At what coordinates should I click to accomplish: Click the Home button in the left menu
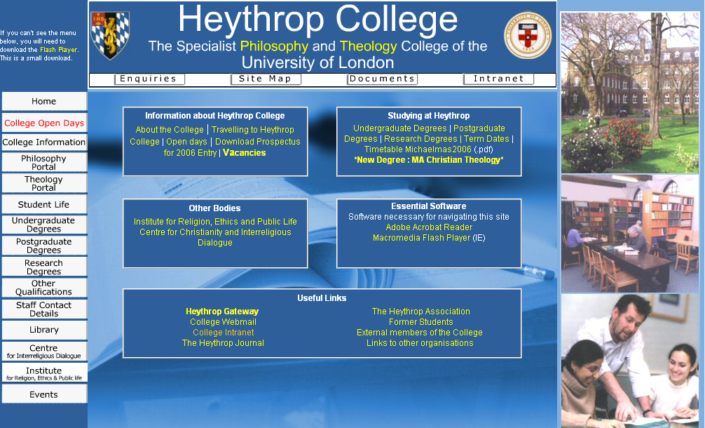43,102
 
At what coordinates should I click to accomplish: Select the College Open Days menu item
43,123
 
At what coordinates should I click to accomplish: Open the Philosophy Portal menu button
43,163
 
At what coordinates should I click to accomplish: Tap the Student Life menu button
43,204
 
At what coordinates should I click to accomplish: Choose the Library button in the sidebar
43,330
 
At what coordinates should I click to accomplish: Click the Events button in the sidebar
43,394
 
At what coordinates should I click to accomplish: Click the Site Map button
265,79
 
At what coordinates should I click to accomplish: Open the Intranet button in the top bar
498,79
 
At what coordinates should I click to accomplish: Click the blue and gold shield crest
110,35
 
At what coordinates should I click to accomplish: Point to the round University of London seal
528,36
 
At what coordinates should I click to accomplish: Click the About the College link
170,130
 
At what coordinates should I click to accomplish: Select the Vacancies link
245,153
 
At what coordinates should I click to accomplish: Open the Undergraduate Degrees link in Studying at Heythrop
399,128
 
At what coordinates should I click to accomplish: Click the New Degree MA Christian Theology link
429,160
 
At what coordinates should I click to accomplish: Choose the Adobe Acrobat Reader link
429,227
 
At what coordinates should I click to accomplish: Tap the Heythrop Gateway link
222,312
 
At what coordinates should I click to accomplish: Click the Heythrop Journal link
223,343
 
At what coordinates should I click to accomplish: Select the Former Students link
420,322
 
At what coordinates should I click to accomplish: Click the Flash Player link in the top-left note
58,50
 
